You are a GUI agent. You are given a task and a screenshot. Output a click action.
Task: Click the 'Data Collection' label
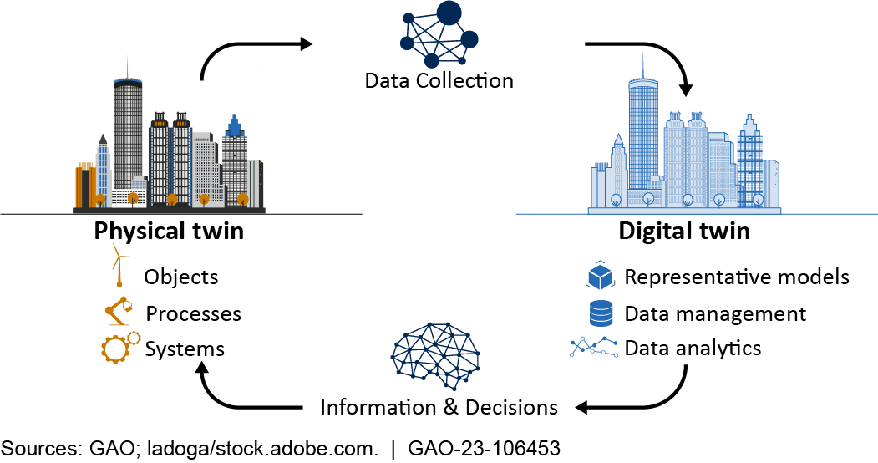(439, 81)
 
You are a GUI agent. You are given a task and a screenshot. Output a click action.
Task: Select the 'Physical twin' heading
(169, 231)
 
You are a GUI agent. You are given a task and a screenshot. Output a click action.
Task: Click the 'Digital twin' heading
(684, 231)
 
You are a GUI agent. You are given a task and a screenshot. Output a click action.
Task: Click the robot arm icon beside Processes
(119, 311)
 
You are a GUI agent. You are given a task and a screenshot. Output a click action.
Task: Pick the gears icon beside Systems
(119, 346)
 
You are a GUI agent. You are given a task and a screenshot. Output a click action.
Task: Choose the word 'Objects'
(181, 277)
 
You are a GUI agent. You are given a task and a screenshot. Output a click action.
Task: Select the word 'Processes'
(193, 313)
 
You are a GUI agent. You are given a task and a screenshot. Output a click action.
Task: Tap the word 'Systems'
(185, 348)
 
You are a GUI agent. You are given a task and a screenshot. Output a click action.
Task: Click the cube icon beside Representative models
(601, 276)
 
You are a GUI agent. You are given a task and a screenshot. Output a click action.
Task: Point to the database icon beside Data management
(601, 313)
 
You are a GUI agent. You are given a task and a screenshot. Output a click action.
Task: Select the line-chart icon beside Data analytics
(595, 347)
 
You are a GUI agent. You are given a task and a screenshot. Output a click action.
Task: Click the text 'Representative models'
(737, 277)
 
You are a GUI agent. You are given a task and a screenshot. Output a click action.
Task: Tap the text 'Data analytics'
(693, 348)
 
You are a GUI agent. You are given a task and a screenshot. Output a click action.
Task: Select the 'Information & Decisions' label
(439, 408)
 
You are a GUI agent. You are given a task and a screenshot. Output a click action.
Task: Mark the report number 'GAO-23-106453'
(484, 448)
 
